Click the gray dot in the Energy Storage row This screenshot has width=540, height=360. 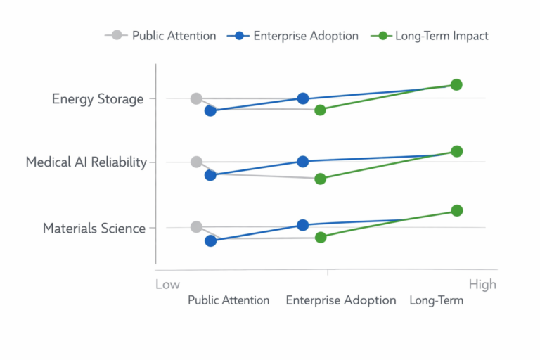(196, 98)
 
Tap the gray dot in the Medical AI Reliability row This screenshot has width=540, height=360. (196, 162)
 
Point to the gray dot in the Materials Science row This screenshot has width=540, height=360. (196, 226)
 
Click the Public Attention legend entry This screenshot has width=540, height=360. (161, 35)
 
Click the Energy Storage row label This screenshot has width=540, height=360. (98, 98)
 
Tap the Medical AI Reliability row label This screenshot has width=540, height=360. (86, 162)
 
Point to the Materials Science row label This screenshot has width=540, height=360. (94, 228)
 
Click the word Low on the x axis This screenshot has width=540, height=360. (167, 284)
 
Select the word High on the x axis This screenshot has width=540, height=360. (482, 284)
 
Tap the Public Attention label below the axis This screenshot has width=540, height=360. (229, 300)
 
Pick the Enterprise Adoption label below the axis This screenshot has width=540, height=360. (341, 300)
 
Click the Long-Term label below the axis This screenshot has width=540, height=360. (437, 300)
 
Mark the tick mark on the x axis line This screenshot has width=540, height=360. (327, 271)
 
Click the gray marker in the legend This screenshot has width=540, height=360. (117, 35)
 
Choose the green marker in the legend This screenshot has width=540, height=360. (383, 35)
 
